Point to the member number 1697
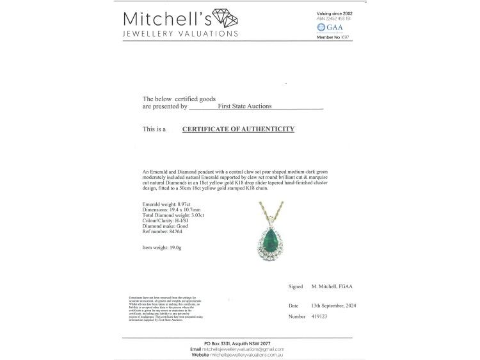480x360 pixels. (346, 37)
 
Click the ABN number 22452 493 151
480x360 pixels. (337, 19)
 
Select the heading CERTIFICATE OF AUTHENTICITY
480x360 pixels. (238, 129)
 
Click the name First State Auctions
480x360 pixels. (245, 106)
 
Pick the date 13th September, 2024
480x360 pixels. (333, 306)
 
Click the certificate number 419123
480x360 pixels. (321, 316)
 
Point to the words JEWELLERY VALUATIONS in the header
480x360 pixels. (180, 34)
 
